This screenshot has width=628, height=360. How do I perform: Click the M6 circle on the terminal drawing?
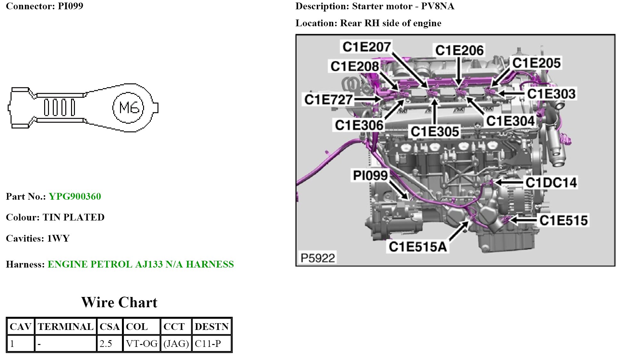pos(128,108)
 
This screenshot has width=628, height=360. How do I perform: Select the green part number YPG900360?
pos(75,196)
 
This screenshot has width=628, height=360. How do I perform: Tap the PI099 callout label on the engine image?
pos(370,175)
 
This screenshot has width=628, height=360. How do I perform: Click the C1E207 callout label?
pos(366,47)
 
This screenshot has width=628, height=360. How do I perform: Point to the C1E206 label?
pos(459,50)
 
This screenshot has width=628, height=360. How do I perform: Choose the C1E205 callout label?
pos(536,63)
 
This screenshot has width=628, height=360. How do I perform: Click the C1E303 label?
pos(551,94)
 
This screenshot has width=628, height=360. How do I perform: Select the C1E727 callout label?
pos(328,100)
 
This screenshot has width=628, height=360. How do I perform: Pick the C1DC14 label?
pos(551,183)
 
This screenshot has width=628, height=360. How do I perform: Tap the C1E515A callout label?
pos(418,247)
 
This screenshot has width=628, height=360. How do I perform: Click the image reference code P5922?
pos(318,258)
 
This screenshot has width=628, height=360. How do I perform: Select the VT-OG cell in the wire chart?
pos(141,344)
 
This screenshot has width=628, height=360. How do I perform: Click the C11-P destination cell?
pos(208,344)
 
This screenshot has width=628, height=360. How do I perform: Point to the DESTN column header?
pos(212,327)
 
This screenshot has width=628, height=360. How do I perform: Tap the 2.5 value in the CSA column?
pos(106,344)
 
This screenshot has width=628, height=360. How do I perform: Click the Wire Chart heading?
pos(119,302)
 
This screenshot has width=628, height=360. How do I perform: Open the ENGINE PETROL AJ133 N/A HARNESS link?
pos(141,264)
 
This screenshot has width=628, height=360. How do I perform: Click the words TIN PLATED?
pos(73,217)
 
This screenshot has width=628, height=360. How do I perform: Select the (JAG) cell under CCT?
pos(176,344)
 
